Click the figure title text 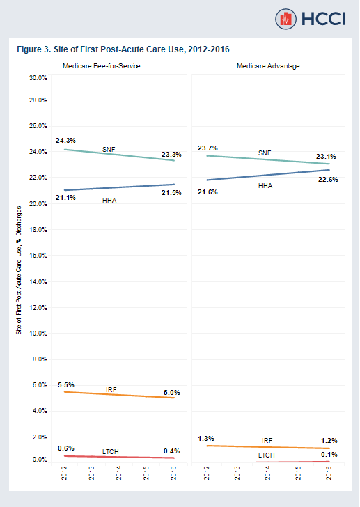(x=123, y=49)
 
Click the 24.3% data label (x=65, y=140)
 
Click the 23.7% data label (x=208, y=148)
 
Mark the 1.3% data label (x=207, y=438)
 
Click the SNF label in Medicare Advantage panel (x=265, y=153)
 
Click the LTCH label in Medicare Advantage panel (x=267, y=455)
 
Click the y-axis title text (x=19, y=270)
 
